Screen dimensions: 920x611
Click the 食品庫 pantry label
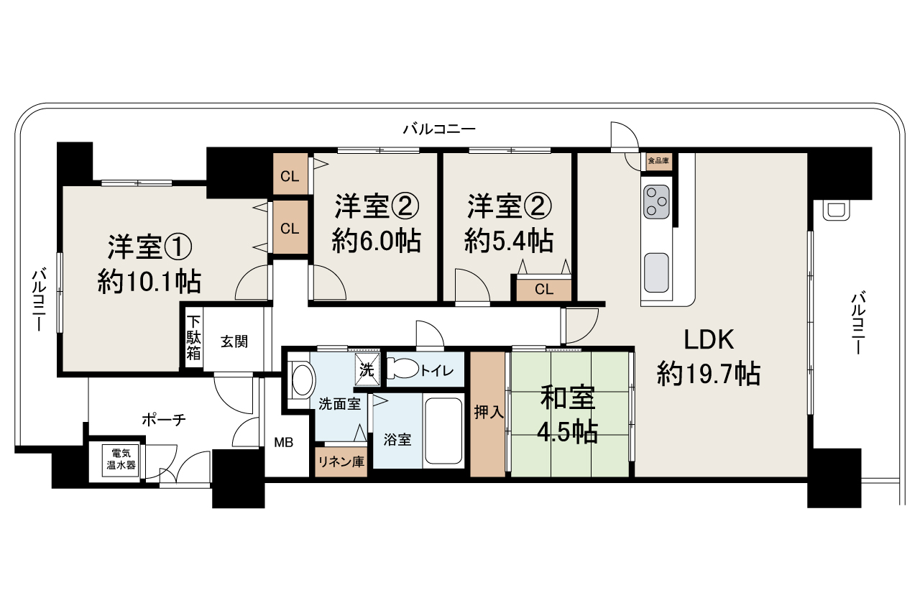coord(658,161)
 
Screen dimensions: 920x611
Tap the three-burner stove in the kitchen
coord(656,201)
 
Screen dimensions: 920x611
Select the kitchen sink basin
coord(656,272)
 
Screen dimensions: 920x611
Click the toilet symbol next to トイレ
coord(402,368)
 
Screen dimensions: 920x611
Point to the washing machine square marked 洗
coord(367,369)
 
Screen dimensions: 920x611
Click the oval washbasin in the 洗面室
coord(303,380)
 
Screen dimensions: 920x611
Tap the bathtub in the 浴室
coord(443,431)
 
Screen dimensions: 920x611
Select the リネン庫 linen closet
coord(341,462)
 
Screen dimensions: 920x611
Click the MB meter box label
coord(283,443)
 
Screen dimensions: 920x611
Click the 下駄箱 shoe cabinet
coord(193,338)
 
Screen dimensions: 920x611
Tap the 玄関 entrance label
coord(234,341)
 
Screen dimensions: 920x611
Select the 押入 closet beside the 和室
coord(488,414)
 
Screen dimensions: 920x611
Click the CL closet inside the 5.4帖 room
coord(544,290)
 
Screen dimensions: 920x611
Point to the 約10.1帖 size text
coord(149,281)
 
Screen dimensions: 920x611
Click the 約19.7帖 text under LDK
coord(709,374)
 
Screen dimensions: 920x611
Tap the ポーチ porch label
coord(164,420)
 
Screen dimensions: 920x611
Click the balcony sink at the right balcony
coord(836,211)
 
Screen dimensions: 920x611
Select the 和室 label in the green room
coord(568,398)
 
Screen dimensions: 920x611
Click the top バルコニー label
coord(439,129)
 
